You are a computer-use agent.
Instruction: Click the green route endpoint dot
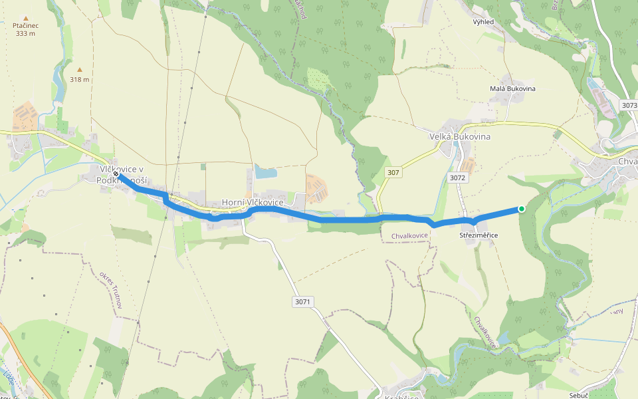(x=522, y=209)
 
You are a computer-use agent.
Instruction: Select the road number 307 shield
(x=393, y=173)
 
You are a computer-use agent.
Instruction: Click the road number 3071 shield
(x=302, y=302)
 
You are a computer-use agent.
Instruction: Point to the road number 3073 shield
(x=629, y=106)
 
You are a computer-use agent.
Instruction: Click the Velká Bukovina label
(x=459, y=137)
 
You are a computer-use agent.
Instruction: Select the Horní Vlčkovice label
(x=253, y=202)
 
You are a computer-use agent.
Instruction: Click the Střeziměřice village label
(x=478, y=235)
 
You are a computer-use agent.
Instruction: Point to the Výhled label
(x=483, y=22)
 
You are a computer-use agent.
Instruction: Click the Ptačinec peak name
(x=26, y=25)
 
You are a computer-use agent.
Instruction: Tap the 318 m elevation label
(x=80, y=79)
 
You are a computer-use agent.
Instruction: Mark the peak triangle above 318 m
(x=80, y=69)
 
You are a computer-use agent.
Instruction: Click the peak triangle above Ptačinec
(x=26, y=17)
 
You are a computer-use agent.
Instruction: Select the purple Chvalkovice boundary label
(x=409, y=235)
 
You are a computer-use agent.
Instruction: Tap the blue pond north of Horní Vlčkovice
(x=266, y=173)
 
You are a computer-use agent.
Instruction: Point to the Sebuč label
(x=580, y=395)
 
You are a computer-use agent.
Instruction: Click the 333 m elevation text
(x=26, y=33)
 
